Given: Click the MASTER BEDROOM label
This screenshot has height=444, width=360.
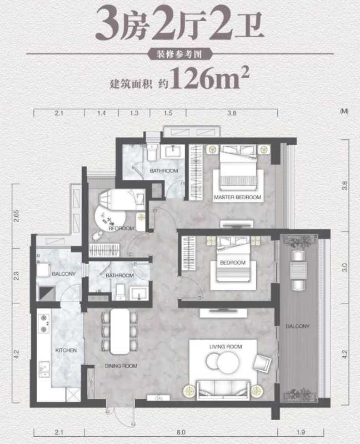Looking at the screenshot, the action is click(238, 198).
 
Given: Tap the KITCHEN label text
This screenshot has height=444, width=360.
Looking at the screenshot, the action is click(66, 350).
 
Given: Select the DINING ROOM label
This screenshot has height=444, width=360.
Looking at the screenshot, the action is click(121, 366).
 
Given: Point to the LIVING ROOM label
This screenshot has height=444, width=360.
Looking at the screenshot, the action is click(226, 346).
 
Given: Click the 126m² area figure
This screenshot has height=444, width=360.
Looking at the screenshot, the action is click(209, 78).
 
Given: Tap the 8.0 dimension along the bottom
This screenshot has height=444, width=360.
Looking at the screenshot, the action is click(181, 432).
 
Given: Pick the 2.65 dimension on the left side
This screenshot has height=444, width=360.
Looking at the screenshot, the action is click(16, 216).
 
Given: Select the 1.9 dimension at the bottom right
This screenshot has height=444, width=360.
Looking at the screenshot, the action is click(301, 432).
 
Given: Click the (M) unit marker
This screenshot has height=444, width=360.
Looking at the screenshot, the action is click(344, 112).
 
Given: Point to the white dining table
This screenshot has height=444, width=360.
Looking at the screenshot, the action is click(120, 331).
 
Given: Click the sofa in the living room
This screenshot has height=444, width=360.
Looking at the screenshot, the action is click(223, 390).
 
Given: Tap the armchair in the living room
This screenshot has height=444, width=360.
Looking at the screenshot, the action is click(262, 363).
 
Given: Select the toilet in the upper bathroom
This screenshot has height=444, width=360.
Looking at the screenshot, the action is click(152, 152).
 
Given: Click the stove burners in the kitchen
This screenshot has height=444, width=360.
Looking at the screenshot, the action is click(44, 324).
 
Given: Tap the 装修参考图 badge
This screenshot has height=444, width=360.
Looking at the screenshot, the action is click(179, 54).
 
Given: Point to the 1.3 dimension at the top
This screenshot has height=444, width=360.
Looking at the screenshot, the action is click(134, 113).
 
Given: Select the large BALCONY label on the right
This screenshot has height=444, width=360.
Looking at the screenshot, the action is click(298, 326).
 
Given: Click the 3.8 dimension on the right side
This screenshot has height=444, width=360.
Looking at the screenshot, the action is click(344, 185).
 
